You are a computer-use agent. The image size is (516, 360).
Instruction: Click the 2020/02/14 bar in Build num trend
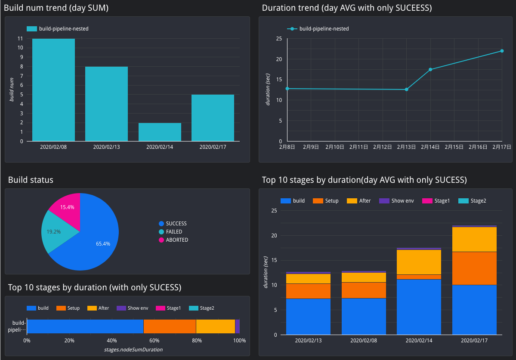click(160, 132)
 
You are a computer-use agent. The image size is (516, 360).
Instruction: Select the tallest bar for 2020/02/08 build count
click(53, 90)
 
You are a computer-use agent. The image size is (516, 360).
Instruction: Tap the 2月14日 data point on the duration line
click(430, 69)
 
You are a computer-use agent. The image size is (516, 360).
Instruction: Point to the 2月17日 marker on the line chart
click(502, 51)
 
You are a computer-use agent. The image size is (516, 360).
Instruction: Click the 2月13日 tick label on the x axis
click(406, 147)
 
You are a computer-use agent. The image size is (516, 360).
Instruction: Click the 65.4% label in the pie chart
click(103, 243)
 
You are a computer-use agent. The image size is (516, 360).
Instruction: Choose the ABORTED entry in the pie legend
click(177, 240)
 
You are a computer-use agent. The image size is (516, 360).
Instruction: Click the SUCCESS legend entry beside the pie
click(176, 224)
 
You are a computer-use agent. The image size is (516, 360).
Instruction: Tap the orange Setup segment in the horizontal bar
click(170, 326)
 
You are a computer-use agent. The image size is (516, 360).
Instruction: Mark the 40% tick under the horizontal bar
click(111, 341)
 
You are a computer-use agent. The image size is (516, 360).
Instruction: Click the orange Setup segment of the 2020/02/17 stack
click(474, 268)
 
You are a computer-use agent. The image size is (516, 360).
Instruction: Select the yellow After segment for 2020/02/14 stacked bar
click(419, 262)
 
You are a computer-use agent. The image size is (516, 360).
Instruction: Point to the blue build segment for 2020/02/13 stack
click(308, 317)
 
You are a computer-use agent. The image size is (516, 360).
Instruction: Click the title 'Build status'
click(31, 180)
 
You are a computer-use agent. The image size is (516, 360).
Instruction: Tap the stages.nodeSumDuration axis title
click(133, 350)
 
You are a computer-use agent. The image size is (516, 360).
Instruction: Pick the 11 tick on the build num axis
click(20, 38)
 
